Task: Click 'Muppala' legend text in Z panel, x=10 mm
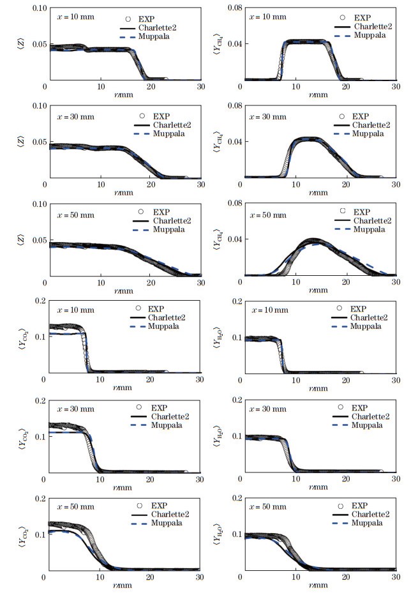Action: pyautogui.click(x=154, y=36)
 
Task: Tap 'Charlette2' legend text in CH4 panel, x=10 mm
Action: pyautogui.click(x=373, y=27)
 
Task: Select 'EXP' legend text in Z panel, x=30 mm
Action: pyautogui.click(x=161, y=116)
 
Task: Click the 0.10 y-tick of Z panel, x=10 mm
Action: pyautogui.click(x=40, y=8)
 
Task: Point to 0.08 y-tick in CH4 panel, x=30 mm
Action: pyautogui.click(x=235, y=105)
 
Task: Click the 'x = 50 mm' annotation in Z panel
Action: pyautogui.click(x=76, y=215)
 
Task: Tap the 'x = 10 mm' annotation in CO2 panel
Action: pyautogui.click(x=76, y=310)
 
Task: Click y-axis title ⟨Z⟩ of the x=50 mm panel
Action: pyautogui.click(x=21, y=239)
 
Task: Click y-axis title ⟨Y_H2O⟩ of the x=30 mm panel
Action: pyautogui.click(x=217, y=435)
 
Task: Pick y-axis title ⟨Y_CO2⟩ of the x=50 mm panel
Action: pyautogui.click(x=23, y=537)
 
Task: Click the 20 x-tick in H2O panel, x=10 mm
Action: pyautogui.click(x=345, y=380)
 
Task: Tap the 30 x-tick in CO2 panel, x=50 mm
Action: pyautogui.click(x=199, y=577)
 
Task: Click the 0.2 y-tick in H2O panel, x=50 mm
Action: pyautogui.click(x=237, y=498)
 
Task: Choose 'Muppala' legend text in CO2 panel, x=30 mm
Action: pyautogui.click(x=167, y=425)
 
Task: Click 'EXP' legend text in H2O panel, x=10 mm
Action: pyautogui.click(x=358, y=309)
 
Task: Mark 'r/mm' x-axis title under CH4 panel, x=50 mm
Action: pyautogui.click(x=318, y=290)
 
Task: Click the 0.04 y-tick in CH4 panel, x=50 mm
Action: pyautogui.click(x=235, y=239)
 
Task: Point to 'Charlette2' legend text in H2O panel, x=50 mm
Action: pyautogui.click(x=370, y=515)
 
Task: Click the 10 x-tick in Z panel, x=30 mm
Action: pyautogui.click(x=101, y=185)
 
